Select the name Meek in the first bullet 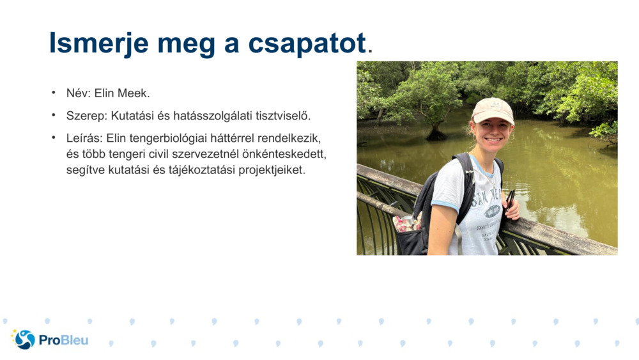[x=135, y=93]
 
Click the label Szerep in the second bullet [x=86, y=116]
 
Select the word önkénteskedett [x=289, y=154]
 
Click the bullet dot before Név [x=54, y=93]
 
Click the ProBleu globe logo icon [x=24, y=340]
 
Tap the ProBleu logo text [x=63, y=340]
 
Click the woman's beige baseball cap [x=492, y=110]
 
